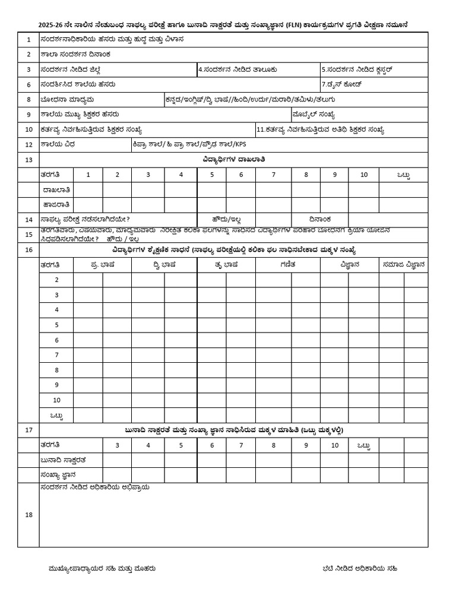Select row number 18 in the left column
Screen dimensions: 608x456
[x=28, y=515]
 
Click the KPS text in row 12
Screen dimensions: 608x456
[x=240, y=144]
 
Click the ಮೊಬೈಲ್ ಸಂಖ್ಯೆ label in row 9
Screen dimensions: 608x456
[x=313, y=114]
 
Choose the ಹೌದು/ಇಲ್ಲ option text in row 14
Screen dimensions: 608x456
[x=226, y=219]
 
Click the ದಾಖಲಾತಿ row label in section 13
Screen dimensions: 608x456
[x=57, y=190]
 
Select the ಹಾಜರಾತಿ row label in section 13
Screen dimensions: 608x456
[x=57, y=205]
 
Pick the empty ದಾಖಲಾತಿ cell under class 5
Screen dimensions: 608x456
[x=211, y=190]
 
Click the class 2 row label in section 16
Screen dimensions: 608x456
[x=56, y=280]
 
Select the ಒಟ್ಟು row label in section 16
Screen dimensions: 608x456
[x=56, y=415]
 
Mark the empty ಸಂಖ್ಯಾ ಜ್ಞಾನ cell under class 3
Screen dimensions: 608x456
[x=117, y=475]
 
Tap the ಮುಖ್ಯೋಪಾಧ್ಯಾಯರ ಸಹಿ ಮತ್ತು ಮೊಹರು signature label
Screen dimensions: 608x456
[x=102, y=568]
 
